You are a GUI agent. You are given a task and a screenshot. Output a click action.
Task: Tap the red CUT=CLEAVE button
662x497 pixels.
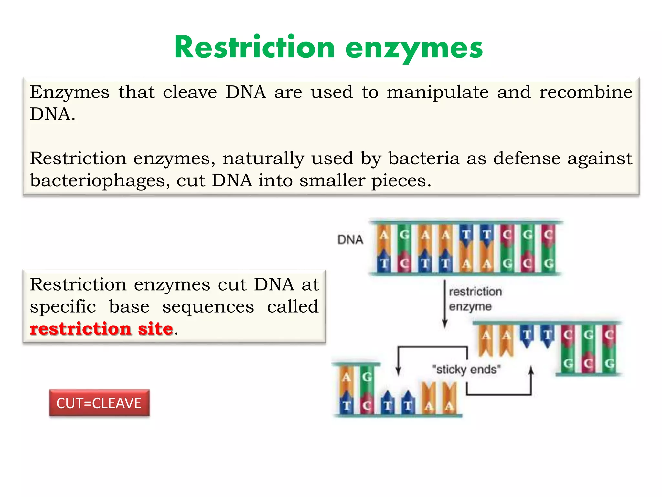99,403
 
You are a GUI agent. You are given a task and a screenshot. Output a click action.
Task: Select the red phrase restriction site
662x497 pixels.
101,329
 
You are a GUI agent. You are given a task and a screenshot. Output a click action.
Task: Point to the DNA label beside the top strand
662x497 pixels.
350,240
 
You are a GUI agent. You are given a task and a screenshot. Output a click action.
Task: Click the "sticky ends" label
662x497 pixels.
466,369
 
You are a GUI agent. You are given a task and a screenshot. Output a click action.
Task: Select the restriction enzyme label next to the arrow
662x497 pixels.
475,299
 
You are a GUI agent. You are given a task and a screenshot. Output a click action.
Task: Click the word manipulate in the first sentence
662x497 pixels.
438,92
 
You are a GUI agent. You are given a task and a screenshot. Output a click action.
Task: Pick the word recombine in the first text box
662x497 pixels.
585,92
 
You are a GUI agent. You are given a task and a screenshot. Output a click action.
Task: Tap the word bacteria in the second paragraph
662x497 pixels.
424,159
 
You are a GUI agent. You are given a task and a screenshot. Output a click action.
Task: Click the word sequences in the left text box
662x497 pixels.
208,306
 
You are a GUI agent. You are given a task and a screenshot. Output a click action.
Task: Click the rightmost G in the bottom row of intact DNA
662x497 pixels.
549,264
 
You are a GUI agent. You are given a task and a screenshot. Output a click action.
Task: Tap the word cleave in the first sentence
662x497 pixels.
190,92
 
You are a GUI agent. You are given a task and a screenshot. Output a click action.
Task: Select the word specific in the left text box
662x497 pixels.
63,306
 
